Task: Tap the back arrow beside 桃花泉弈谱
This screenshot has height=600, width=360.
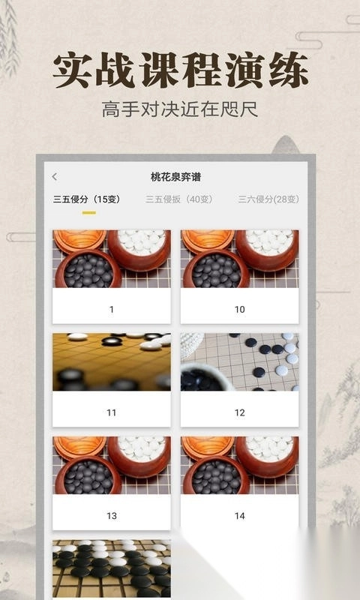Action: click(x=54, y=177)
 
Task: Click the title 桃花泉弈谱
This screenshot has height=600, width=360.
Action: click(x=175, y=177)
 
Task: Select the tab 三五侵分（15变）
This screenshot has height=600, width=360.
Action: click(x=87, y=199)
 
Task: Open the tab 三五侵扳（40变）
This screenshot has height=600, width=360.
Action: click(x=178, y=199)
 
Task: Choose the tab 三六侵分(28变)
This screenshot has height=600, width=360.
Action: click(x=268, y=199)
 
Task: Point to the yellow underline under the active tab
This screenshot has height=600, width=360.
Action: click(x=89, y=213)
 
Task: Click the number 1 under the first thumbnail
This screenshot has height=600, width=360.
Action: click(x=112, y=310)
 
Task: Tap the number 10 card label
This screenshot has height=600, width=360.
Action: click(x=240, y=310)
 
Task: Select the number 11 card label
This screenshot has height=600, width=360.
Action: click(x=112, y=413)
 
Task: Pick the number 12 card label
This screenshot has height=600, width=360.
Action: click(x=240, y=413)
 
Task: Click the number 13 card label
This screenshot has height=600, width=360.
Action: click(x=112, y=516)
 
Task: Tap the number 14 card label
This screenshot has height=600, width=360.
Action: click(x=240, y=516)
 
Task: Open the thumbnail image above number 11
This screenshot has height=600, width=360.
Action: click(x=112, y=362)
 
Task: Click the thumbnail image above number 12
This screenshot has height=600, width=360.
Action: click(x=240, y=362)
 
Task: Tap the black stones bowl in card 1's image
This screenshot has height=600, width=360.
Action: click(x=88, y=269)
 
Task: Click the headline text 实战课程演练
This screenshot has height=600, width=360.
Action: click(x=181, y=70)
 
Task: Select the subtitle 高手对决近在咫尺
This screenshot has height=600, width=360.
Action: click(x=180, y=109)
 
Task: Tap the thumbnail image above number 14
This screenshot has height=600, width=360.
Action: click(x=240, y=465)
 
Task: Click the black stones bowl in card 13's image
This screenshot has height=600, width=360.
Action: click(x=88, y=475)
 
